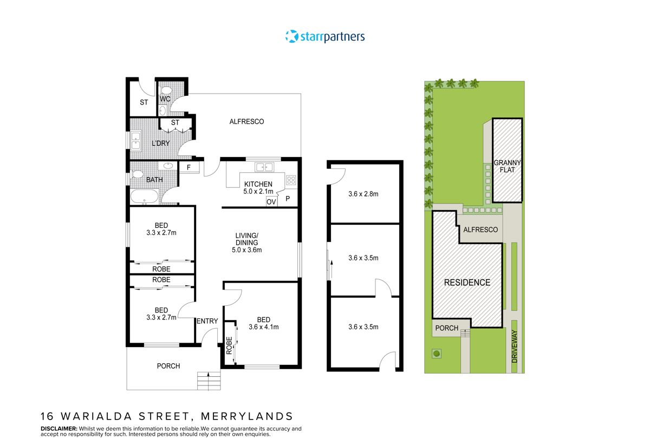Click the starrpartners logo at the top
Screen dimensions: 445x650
pyautogui.click(x=325, y=37)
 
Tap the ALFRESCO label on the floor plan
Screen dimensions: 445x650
pyautogui.click(x=246, y=122)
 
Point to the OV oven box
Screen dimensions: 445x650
pyautogui.click(x=271, y=201)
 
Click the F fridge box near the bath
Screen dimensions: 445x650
pyautogui.click(x=188, y=168)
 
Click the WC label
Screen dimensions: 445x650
pyautogui.click(x=165, y=100)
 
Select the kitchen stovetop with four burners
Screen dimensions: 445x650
pyautogui.click(x=291, y=180)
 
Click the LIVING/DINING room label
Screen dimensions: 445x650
pyautogui.click(x=247, y=242)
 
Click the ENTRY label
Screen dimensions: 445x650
pyautogui.click(x=207, y=321)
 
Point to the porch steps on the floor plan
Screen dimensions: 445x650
pyautogui.click(x=209, y=381)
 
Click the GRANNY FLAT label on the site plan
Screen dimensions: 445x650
pyautogui.click(x=507, y=166)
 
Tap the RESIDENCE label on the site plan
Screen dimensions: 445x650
pyautogui.click(x=467, y=283)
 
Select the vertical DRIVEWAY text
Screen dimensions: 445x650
pyautogui.click(x=515, y=346)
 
